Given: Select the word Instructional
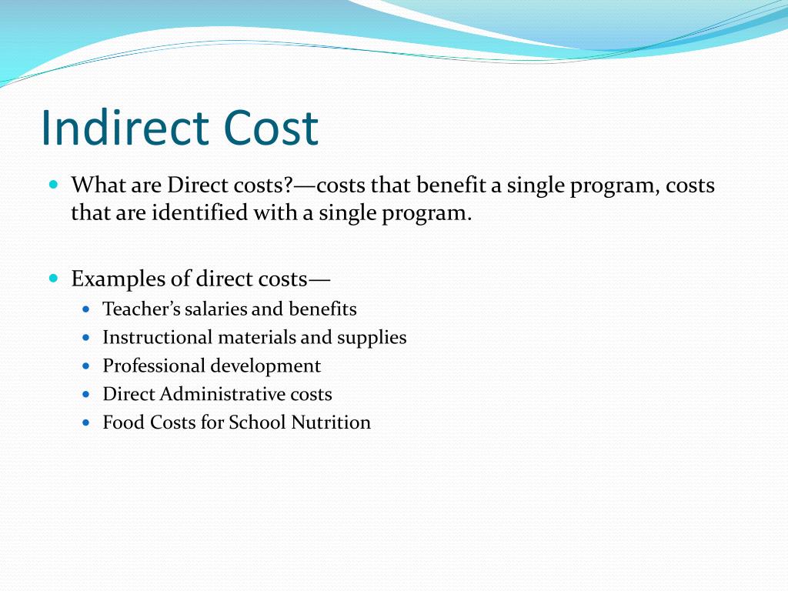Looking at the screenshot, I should tap(157, 337).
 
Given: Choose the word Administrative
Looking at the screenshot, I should tap(212, 394).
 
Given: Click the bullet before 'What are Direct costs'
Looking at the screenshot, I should tap(53, 185).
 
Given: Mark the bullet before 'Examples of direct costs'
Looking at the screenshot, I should tap(53, 277).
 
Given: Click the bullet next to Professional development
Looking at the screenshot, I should tap(86, 366).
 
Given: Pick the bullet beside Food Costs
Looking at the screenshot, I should tap(86, 422).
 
